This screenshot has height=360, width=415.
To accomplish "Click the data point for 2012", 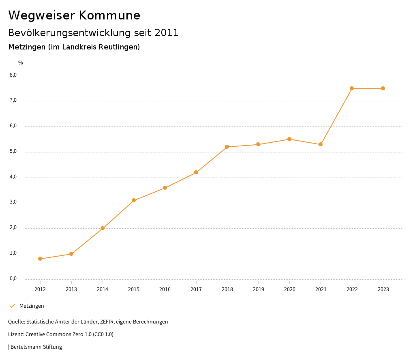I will click(x=40, y=259).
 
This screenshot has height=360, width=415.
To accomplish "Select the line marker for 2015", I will click(x=134, y=200).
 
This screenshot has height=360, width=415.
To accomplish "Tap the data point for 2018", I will click(x=227, y=147).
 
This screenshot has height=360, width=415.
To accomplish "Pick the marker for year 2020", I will click(x=289, y=139).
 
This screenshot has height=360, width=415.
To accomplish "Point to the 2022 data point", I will click(x=352, y=88).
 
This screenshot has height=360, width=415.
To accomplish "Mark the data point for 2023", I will click(x=383, y=88).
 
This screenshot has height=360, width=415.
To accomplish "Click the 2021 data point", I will click(x=321, y=144).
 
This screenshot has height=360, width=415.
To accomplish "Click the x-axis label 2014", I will click(x=103, y=289).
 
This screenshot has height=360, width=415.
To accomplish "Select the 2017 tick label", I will click(x=196, y=289).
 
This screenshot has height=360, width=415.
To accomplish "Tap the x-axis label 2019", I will click(x=258, y=289).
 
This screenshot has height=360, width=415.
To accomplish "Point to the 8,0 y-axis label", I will click(x=13, y=75).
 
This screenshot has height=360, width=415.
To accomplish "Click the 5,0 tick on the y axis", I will click(x=13, y=152).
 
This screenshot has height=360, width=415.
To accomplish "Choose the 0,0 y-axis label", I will click(x=13, y=279).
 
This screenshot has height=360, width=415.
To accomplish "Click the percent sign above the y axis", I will click(x=21, y=63).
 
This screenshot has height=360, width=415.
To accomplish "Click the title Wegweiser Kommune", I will click(x=74, y=15).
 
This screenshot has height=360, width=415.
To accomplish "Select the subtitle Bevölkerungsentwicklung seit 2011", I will click(x=93, y=33).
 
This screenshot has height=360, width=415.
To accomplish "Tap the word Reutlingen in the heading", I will click(x=121, y=47).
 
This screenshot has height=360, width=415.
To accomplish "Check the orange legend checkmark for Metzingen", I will click(x=12, y=306).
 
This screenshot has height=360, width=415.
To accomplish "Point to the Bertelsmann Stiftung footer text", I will click(x=36, y=347).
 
